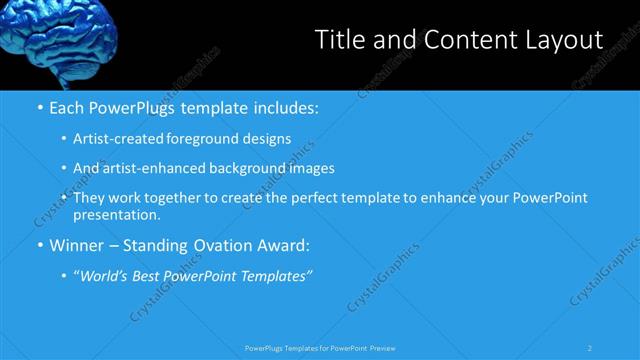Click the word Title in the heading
[x=339, y=40]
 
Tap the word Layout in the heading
[x=565, y=40]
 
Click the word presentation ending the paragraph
[x=115, y=215]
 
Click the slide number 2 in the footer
[x=590, y=348]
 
